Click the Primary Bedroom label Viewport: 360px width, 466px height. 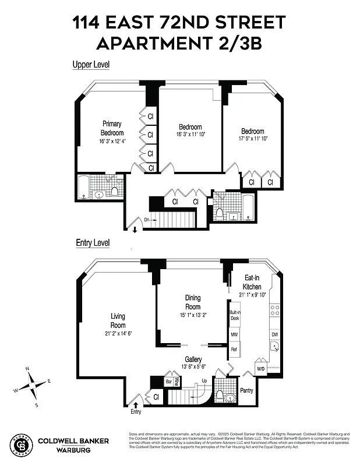(112, 128)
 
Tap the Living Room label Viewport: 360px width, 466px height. (118, 320)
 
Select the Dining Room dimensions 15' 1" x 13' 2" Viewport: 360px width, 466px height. (193, 315)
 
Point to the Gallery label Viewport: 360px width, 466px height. (193, 359)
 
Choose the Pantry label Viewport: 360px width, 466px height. (246, 390)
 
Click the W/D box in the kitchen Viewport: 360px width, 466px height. (260, 368)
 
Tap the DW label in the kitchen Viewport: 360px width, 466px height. (274, 335)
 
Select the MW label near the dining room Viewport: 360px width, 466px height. (234, 335)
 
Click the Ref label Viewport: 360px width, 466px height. (234, 349)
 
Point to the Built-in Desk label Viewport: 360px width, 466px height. (235, 315)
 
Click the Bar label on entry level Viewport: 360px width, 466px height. (169, 382)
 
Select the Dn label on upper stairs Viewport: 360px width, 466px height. (147, 219)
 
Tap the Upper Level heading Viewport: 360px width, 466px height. (90, 65)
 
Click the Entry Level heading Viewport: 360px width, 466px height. (93, 242)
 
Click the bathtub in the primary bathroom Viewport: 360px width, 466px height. (83, 188)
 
